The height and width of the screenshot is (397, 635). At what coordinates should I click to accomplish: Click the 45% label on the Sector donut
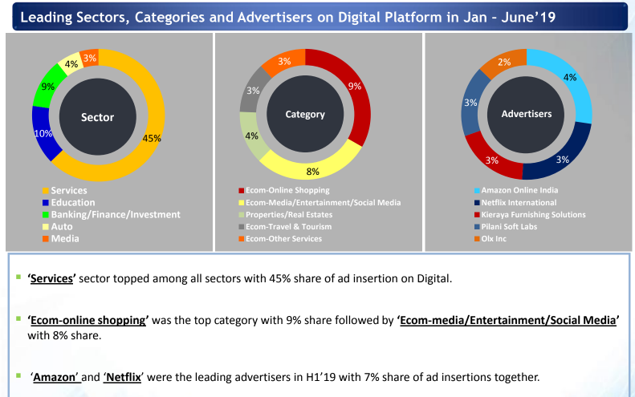coord(152,138)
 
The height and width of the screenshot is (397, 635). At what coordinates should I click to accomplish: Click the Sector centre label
coord(98,117)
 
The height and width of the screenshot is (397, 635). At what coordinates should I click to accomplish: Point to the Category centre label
coord(305,114)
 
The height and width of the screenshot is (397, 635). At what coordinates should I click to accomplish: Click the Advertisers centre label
coord(526,114)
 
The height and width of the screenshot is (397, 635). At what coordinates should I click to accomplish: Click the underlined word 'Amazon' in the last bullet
coord(55,376)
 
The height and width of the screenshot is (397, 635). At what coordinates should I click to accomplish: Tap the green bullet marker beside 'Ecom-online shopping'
coord(18,318)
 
